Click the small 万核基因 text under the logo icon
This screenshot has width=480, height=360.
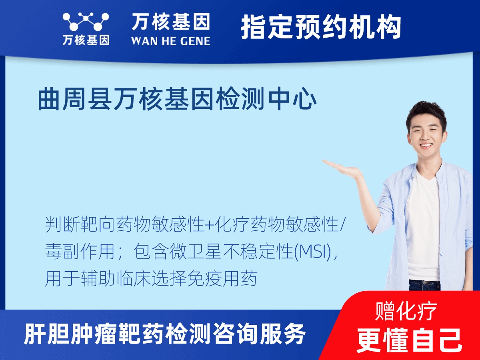pos(86,40)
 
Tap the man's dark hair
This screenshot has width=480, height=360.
pos(426,110)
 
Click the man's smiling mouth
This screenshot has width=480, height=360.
pos(426,146)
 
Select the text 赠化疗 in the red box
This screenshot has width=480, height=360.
pos(406,312)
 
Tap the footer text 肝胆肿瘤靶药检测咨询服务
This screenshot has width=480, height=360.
pos(165,334)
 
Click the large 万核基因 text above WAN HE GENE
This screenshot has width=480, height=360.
pos(171,22)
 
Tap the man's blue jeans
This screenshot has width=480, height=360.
pos(424,285)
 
